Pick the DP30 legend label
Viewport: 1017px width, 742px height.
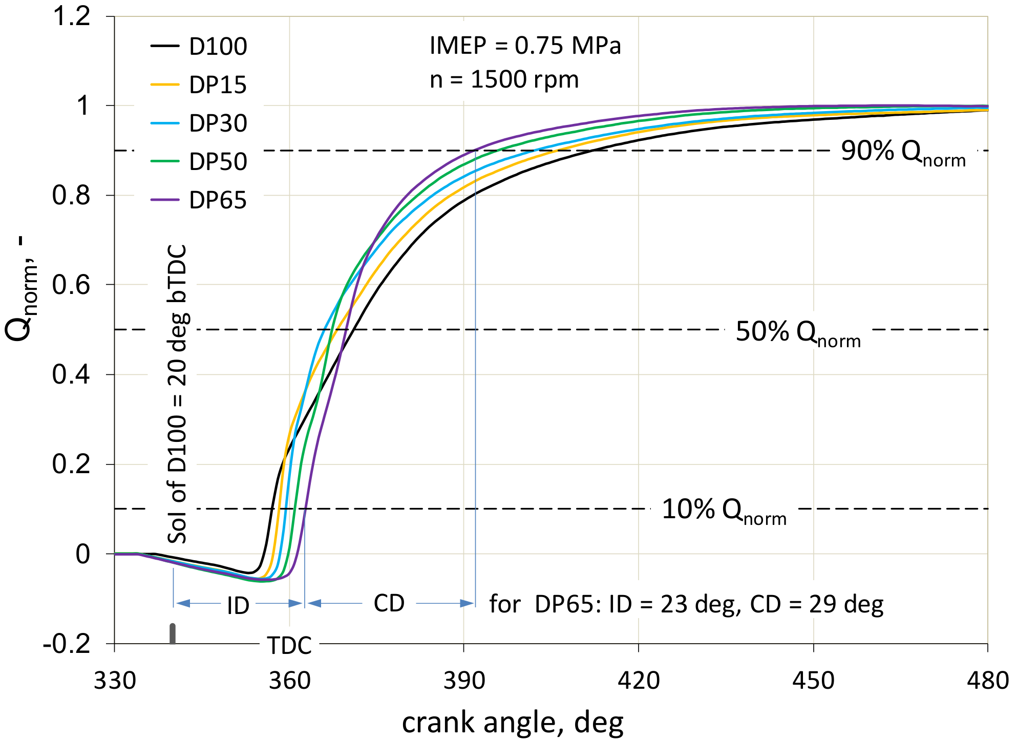(x=218, y=123)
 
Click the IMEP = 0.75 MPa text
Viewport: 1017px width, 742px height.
(x=525, y=46)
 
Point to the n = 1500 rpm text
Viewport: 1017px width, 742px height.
(x=504, y=80)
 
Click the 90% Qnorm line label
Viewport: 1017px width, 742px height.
(x=903, y=152)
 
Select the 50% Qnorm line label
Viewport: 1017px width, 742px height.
(x=798, y=333)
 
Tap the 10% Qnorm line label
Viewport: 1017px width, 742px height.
(x=724, y=511)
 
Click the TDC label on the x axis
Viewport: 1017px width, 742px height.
(x=289, y=646)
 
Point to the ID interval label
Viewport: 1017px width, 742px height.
(x=238, y=606)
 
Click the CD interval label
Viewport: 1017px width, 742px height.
(x=389, y=603)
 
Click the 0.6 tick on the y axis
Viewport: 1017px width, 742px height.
(x=71, y=285)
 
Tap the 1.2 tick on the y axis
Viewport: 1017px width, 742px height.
(x=71, y=16)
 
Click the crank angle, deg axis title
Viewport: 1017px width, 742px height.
(x=513, y=723)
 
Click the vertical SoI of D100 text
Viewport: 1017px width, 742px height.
(x=178, y=394)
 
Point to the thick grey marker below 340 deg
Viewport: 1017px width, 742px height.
(x=173, y=634)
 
